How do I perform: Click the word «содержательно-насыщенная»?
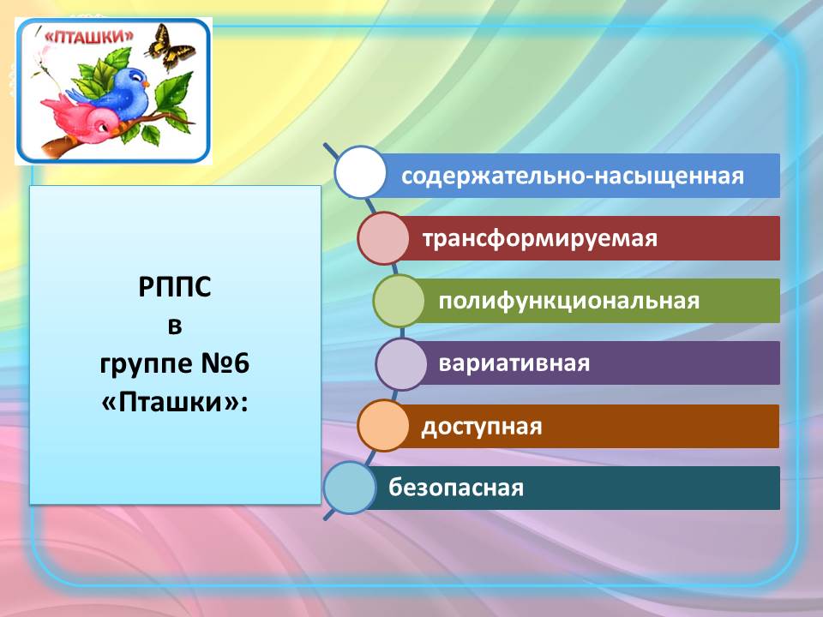point(572,176)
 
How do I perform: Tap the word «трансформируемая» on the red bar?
point(539,239)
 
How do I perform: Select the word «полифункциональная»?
point(569,301)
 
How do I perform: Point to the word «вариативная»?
point(514,363)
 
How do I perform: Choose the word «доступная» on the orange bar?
point(481,427)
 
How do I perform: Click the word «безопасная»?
point(455,488)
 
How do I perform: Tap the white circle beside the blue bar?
point(360,172)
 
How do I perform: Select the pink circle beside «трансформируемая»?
point(383,238)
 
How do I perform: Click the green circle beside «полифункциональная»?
point(399,301)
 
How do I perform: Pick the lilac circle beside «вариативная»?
point(401,363)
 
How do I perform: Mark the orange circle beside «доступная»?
point(383,426)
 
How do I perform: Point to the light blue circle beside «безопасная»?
point(350,488)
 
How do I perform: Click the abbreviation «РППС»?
point(175,287)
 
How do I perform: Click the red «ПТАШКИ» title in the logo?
point(87,37)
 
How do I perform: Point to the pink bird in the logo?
point(84,119)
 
